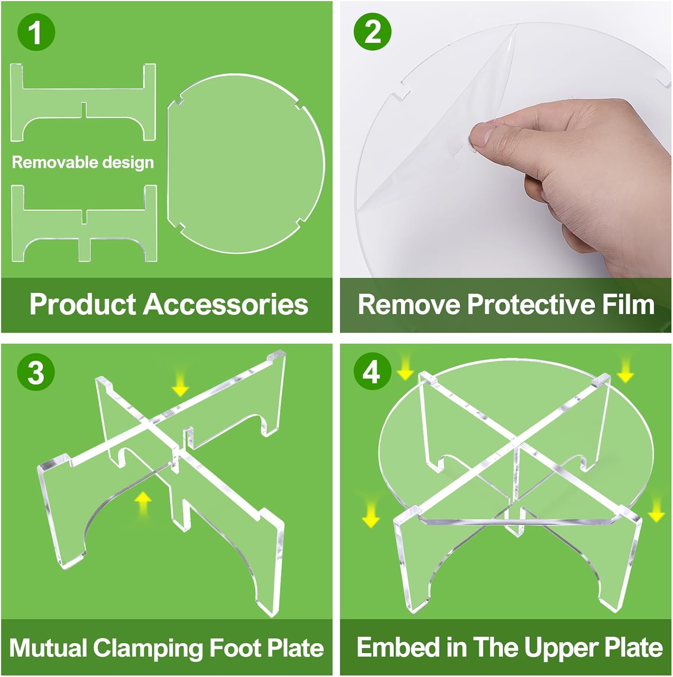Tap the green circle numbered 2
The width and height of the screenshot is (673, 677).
pyautogui.click(x=373, y=32)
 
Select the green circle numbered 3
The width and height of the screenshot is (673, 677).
pyautogui.click(x=36, y=372)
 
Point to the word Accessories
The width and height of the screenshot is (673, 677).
pyautogui.click(x=226, y=304)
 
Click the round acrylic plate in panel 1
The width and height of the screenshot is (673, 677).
pyautogui.click(x=246, y=164)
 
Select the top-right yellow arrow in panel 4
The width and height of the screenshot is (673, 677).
pyautogui.click(x=625, y=370)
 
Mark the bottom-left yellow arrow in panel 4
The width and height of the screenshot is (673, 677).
pyautogui.click(x=371, y=514)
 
